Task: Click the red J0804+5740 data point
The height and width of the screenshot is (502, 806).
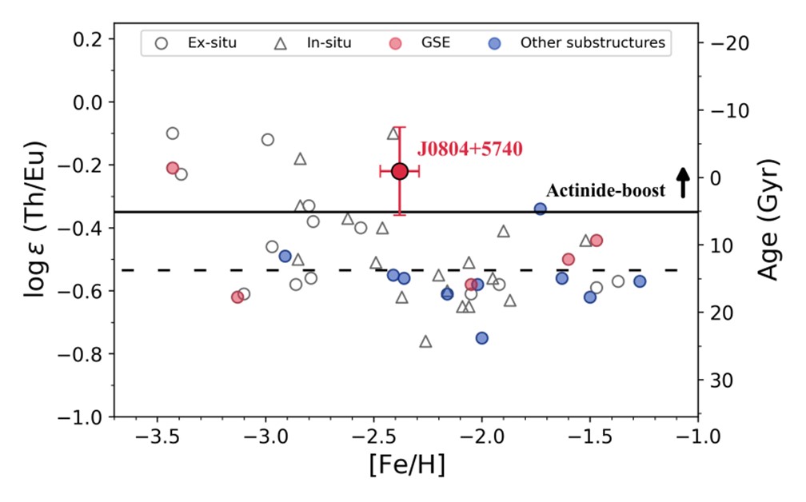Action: point(400,170)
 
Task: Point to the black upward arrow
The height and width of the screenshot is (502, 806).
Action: point(682,182)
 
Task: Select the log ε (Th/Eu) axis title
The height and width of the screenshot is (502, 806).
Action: point(36,221)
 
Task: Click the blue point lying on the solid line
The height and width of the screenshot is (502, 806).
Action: point(540,209)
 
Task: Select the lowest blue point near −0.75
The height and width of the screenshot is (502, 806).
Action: point(482,338)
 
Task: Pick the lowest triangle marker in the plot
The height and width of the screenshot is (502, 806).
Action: point(425,341)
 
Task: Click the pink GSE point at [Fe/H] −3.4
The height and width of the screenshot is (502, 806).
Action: point(173,168)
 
